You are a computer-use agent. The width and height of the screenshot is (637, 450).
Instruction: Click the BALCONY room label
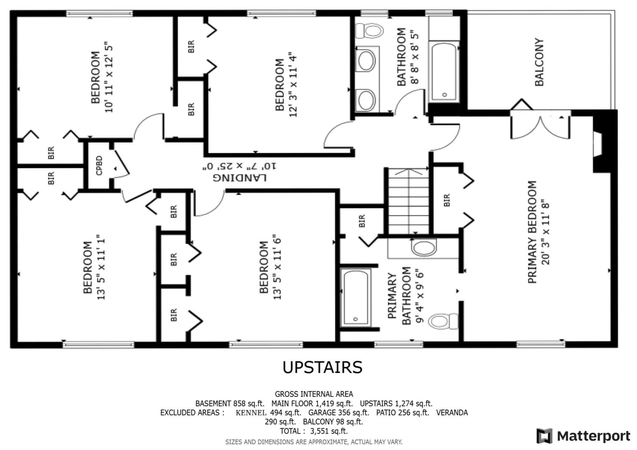(x=539, y=62)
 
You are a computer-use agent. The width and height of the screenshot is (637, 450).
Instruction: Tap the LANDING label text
(x=240, y=177)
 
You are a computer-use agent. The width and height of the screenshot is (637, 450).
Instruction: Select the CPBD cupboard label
(x=99, y=165)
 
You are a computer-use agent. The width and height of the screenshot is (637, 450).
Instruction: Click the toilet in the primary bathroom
(x=443, y=321)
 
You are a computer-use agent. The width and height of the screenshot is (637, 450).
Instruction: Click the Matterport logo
(x=583, y=436)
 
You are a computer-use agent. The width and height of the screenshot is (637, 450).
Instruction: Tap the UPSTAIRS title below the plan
(x=322, y=367)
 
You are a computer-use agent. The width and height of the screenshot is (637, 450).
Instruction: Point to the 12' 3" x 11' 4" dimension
(x=293, y=85)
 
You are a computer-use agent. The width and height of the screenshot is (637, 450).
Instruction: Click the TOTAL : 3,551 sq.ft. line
(x=314, y=431)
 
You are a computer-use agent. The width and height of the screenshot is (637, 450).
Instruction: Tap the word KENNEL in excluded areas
(x=251, y=413)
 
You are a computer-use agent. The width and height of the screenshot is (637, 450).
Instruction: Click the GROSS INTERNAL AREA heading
(x=314, y=394)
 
